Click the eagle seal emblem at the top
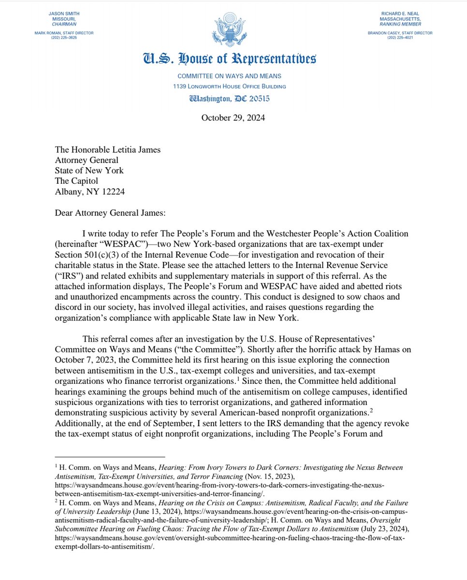coord(233,30)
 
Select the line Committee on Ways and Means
coord(229,76)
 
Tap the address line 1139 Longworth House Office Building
coord(229,87)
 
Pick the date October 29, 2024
coord(233,117)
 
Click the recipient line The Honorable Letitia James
coord(107,149)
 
